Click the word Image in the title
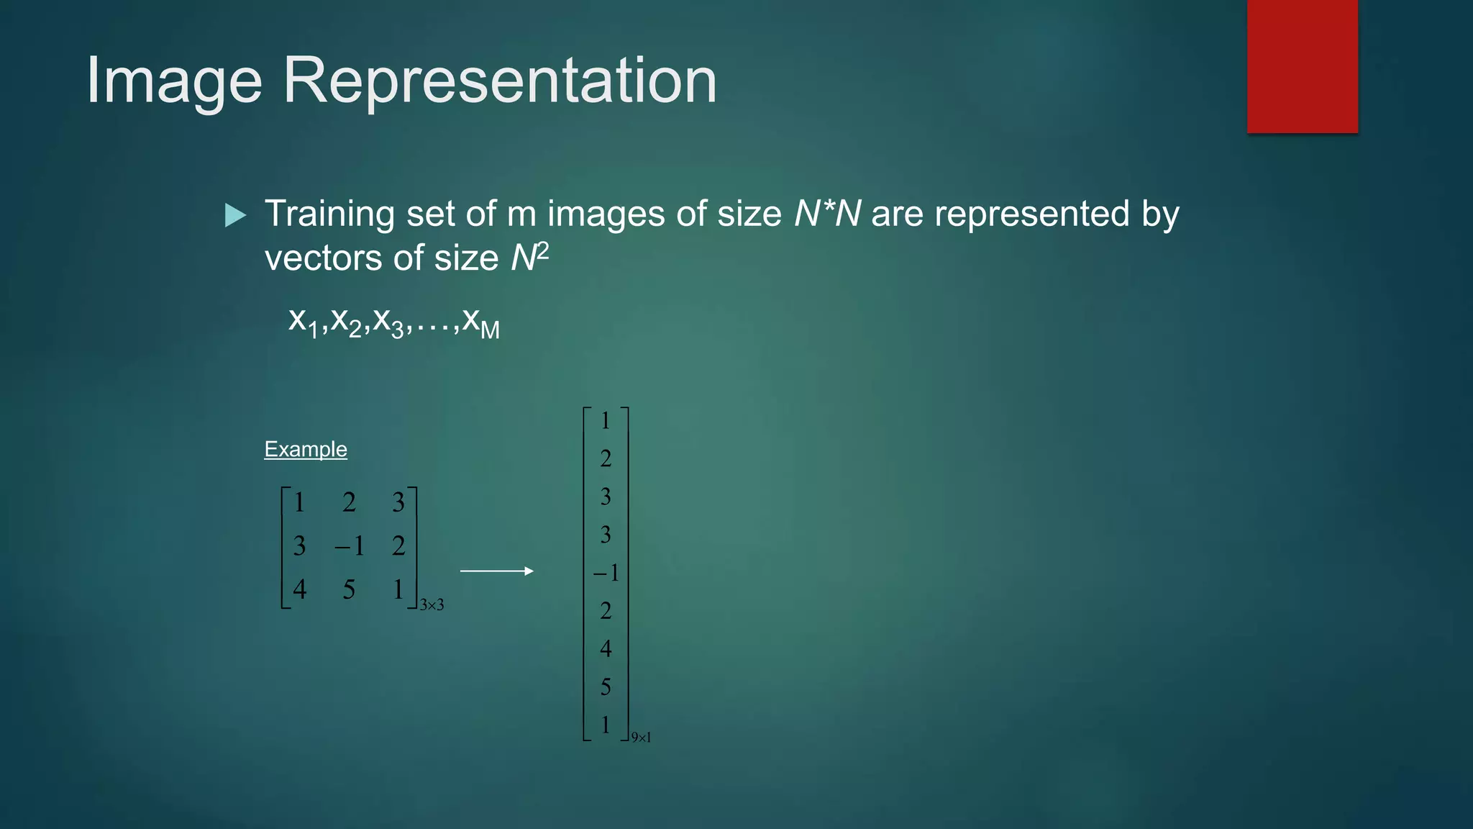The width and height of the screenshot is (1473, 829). pos(174,81)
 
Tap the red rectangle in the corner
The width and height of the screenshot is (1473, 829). pos(1302,66)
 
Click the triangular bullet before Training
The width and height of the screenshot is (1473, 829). pos(235,215)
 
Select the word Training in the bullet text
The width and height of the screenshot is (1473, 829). pos(329,214)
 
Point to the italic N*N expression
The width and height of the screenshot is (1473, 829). pos(827,214)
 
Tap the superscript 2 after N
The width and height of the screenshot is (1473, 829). pos(542,251)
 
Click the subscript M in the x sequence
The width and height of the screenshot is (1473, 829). pos(490,330)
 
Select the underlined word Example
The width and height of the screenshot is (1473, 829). pos(306,449)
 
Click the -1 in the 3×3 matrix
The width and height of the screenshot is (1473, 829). pos(350,546)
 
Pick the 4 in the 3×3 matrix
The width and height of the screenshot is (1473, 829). pos(300,589)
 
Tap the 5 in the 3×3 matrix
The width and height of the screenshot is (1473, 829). pos(349,589)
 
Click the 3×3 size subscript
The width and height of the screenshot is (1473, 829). pos(432,605)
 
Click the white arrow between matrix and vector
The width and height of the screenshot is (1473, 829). pos(497,571)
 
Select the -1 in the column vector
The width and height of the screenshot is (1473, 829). pos(606,573)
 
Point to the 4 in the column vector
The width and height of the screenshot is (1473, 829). pos(606,649)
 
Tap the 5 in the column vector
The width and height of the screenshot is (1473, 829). pos(606,687)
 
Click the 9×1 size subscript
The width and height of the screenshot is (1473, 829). pos(641,737)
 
